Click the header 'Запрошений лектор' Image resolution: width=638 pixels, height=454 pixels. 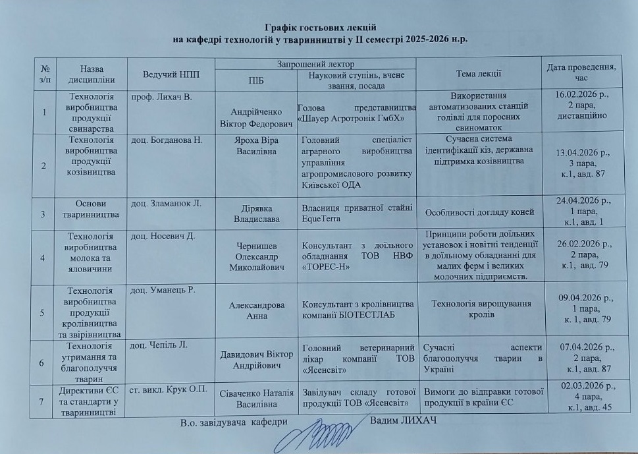coord(316,63)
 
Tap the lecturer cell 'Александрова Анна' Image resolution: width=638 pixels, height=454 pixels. coord(257,310)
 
